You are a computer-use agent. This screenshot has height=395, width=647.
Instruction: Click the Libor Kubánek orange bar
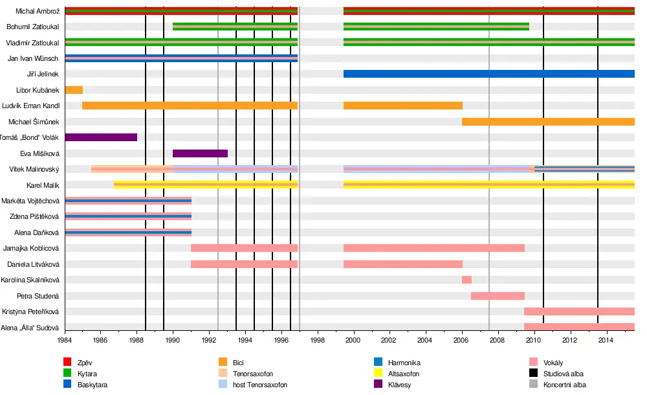[74, 90]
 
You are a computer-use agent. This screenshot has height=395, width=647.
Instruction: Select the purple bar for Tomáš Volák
[101, 137]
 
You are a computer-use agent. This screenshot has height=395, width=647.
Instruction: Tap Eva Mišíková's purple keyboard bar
[200, 153]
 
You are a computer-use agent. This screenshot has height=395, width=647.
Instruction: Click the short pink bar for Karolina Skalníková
[466, 280]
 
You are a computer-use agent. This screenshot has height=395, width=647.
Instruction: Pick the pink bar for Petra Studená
[498, 296]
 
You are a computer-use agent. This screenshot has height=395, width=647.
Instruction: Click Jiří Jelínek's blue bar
[488, 74]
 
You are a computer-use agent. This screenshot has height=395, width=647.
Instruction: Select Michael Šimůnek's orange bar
[548, 122]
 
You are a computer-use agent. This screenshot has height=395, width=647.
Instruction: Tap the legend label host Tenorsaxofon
[260, 385]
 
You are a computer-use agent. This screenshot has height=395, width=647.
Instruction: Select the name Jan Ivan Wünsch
[33, 58]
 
